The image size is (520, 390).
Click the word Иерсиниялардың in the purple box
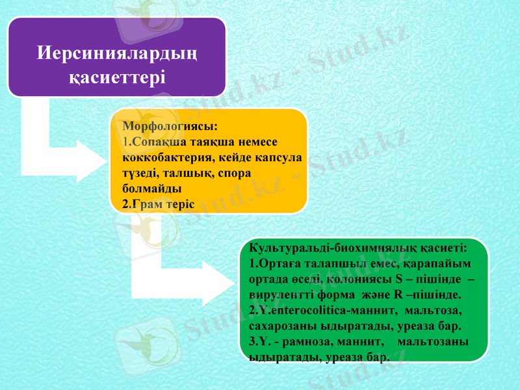point(117,51)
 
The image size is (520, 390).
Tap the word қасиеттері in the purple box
point(117,77)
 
